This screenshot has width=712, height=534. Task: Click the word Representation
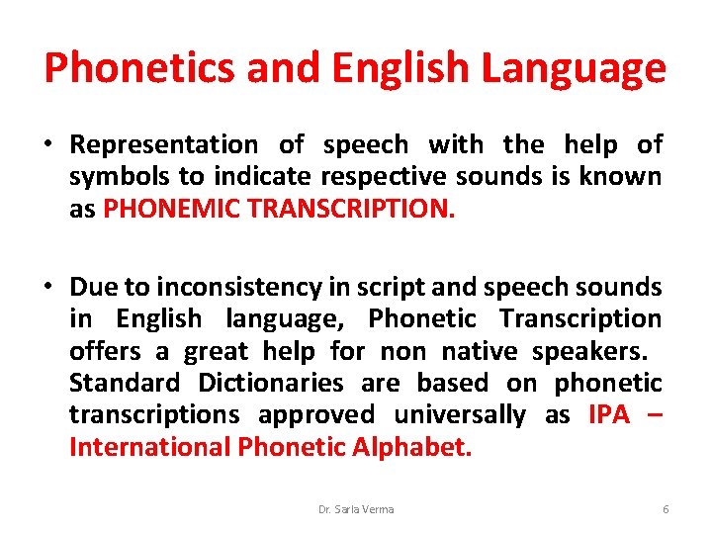pos(163,145)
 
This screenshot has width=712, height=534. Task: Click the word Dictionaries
pos(269,383)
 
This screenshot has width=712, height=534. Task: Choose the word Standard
pos(125,383)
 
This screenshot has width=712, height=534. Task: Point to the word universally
pos(460,414)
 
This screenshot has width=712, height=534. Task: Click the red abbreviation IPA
pos(609,414)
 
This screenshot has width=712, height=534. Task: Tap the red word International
pos(150,446)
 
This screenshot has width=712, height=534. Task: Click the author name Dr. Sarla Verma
pos(356,509)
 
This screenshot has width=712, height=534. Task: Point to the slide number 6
pos(666,509)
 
